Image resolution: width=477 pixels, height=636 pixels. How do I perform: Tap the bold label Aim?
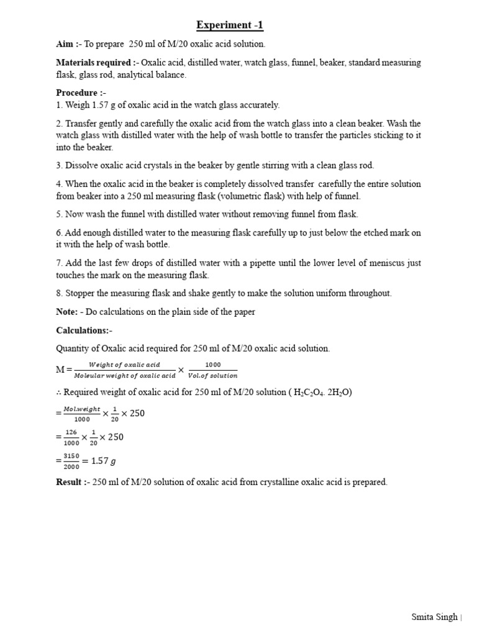(65, 44)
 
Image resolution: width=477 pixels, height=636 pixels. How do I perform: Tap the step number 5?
(59, 214)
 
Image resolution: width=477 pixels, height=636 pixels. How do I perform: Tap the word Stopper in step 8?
(80, 293)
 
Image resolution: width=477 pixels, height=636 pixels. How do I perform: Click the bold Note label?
(66, 312)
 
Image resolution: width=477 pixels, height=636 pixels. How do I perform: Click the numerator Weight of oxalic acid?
(124, 365)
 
